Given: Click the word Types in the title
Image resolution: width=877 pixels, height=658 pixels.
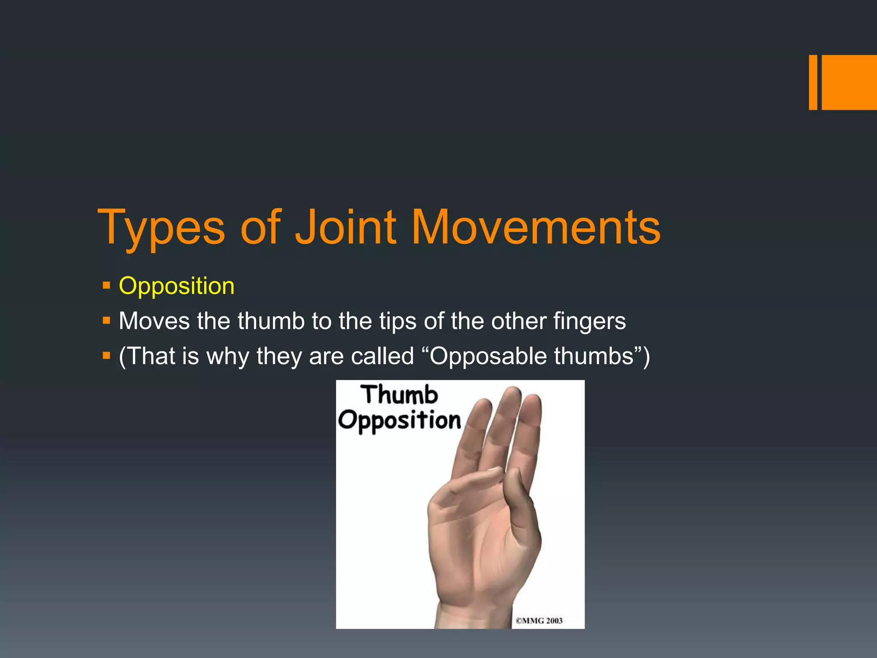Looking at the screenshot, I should [x=161, y=228].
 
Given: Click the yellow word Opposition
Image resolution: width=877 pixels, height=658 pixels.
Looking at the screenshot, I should [x=176, y=286].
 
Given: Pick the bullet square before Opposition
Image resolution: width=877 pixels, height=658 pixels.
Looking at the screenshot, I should [x=107, y=285].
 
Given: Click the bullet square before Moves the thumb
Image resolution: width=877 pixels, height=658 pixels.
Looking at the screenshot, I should [x=107, y=320].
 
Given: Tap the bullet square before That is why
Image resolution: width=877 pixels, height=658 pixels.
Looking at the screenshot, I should [x=107, y=355].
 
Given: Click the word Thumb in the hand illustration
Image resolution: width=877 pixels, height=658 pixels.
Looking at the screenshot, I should [x=399, y=395].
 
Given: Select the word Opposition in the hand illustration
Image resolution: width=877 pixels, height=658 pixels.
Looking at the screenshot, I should [x=399, y=421].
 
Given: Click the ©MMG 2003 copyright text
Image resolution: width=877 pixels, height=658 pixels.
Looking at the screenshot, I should [x=539, y=621].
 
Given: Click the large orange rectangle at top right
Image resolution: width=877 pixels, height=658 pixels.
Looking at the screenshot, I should [x=849, y=82].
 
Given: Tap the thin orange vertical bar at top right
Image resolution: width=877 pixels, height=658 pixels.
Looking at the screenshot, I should [x=813, y=82].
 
